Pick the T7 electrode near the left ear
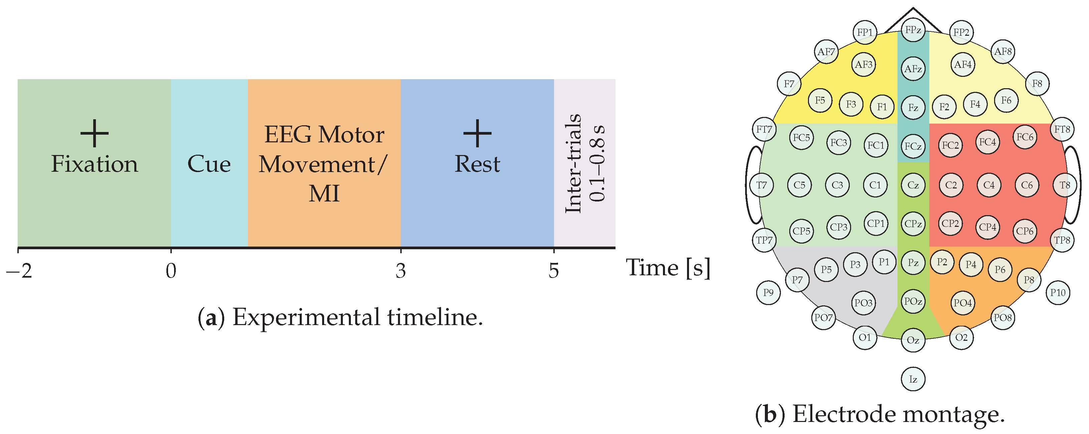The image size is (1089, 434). click(x=762, y=185)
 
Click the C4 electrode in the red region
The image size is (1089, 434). click(x=989, y=185)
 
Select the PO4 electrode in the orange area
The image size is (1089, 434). click(x=963, y=303)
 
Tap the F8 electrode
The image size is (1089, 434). click(x=1037, y=84)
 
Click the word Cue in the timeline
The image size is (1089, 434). click(x=209, y=164)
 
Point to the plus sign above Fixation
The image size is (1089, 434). click(x=94, y=133)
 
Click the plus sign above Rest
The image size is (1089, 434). click(x=477, y=133)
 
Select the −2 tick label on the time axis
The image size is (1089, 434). click(x=19, y=271)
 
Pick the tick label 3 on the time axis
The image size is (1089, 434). click(x=400, y=271)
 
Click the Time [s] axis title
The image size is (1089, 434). click(x=668, y=268)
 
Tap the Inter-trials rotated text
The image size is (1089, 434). click(x=574, y=163)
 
